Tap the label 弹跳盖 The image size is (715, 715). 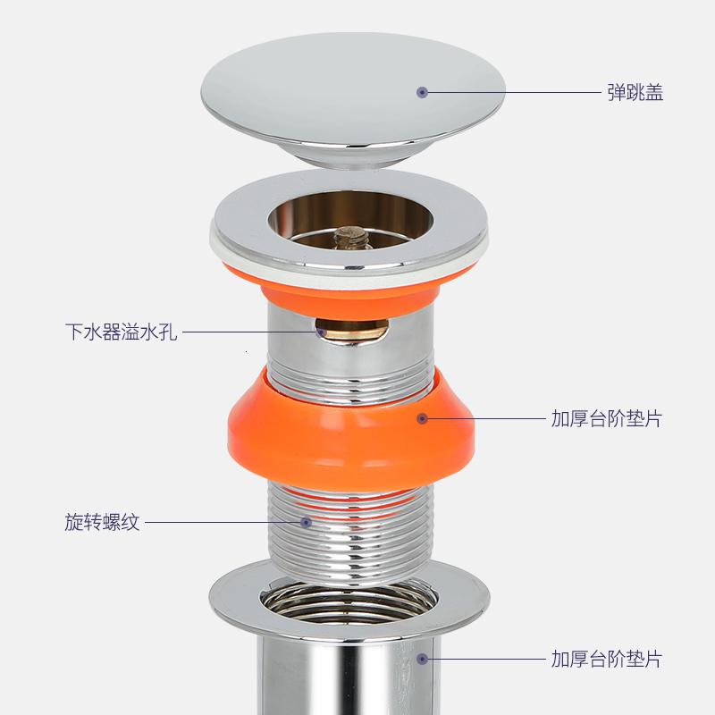click(635, 92)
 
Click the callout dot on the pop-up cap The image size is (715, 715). click(423, 92)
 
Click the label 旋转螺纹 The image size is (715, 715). click(103, 522)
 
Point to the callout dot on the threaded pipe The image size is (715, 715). click(306, 522)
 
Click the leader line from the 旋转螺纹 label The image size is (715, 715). click(223, 522)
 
